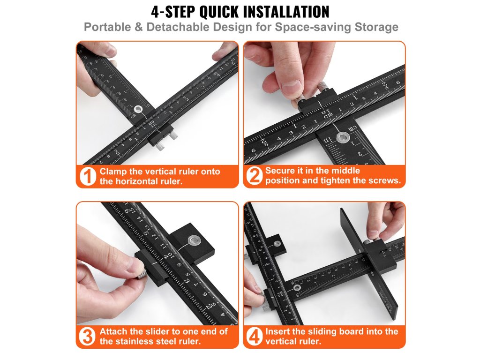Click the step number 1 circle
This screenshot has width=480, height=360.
coord(88,176)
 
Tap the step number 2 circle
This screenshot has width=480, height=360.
coord(255,176)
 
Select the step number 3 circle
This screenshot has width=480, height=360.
coord(87,337)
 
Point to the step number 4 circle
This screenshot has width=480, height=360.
coord(255,337)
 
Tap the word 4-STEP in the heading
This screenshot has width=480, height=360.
coord(173,12)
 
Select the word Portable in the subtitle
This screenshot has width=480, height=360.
coord(107,27)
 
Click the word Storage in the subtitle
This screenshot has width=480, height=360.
coord(376,27)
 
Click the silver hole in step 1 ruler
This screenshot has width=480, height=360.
coord(138,109)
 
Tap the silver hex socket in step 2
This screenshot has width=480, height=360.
coord(343,137)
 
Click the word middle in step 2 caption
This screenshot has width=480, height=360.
coord(347,171)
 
